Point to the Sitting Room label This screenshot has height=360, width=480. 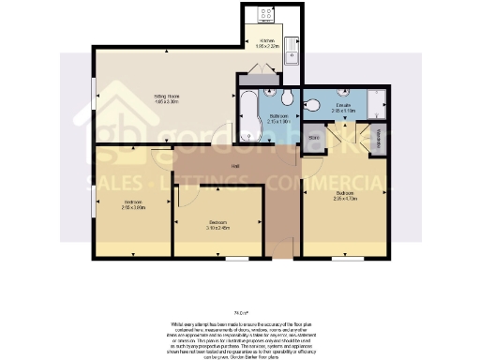point(166,97)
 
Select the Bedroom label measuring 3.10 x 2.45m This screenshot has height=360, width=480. point(218,225)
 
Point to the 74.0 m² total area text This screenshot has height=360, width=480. point(241,312)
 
